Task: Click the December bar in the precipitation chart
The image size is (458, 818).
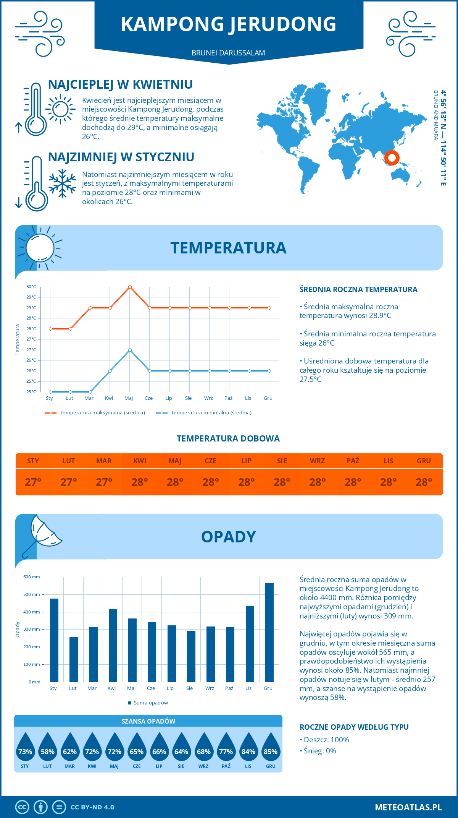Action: (x=269, y=632)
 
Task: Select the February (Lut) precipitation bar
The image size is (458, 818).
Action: (x=74, y=659)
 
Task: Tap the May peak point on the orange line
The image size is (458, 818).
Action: (x=130, y=287)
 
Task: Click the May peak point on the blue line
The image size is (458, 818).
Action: (x=130, y=350)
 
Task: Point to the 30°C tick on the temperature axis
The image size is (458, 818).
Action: (x=31, y=287)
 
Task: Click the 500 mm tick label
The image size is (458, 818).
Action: (x=32, y=594)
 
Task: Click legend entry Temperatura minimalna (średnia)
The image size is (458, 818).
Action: (x=211, y=413)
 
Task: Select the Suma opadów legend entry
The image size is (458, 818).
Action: (x=150, y=703)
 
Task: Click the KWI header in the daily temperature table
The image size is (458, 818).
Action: (x=140, y=461)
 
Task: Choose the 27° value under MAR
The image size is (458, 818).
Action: (x=104, y=482)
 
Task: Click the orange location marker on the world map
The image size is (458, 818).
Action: (x=392, y=157)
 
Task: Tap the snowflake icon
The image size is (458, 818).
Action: (x=62, y=184)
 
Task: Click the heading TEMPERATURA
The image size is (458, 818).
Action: (x=228, y=248)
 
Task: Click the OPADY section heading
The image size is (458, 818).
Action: (x=228, y=537)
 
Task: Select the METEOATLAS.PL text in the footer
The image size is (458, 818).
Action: (x=408, y=807)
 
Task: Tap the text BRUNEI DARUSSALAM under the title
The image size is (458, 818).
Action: (x=228, y=53)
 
